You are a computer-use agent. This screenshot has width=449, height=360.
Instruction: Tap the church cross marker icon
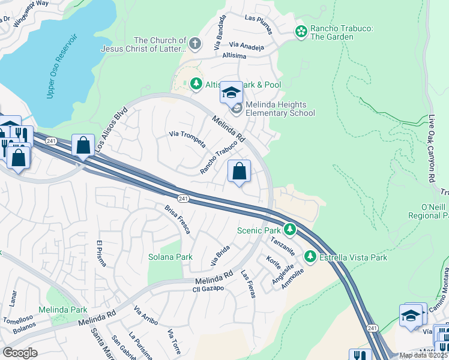(x=194, y=43)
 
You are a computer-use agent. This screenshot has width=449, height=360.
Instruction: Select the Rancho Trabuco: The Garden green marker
(x=301, y=31)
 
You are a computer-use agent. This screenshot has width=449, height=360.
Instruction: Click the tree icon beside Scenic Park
(x=290, y=230)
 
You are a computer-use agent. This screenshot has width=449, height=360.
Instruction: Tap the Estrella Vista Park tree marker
(x=310, y=257)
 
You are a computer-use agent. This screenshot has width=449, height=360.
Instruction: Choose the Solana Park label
(x=170, y=257)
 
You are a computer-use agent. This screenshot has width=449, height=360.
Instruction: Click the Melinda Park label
(x=63, y=310)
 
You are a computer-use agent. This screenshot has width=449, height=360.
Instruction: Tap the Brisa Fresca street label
(x=178, y=219)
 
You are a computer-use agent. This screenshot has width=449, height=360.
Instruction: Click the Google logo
(x=20, y=353)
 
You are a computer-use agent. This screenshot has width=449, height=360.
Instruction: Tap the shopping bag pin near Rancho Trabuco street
(x=240, y=172)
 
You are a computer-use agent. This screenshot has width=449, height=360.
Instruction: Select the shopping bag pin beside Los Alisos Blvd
(x=83, y=145)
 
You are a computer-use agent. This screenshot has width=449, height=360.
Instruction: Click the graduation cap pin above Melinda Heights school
(x=231, y=92)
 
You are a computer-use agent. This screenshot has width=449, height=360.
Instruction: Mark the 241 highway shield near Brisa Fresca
(x=184, y=199)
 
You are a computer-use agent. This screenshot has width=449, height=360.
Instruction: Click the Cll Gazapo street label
(x=208, y=289)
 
